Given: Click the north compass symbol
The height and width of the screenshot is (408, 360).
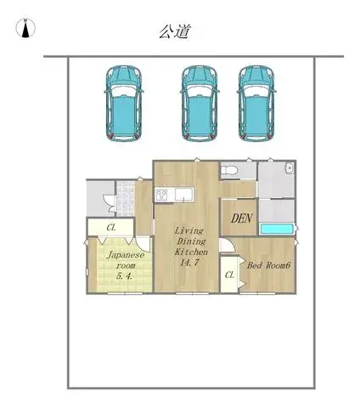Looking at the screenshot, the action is (25, 28).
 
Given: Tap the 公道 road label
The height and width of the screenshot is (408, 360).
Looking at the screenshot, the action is (174, 31).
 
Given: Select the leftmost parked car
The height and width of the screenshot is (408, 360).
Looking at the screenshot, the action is (124, 104).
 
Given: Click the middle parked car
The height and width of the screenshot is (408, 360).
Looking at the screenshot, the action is (200, 104).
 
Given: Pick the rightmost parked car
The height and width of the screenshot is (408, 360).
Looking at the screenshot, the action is (256, 104).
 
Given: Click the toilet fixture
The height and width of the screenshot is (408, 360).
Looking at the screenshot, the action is (229, 171).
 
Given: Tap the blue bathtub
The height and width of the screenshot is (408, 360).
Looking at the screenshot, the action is (277, 229).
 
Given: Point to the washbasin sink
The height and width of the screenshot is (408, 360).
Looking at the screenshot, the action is (290, 168).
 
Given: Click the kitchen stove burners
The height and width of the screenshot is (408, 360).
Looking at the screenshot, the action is (161, 195).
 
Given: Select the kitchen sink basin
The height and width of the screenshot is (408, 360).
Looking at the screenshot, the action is (184, 195).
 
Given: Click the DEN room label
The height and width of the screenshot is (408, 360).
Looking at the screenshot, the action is (242, 218).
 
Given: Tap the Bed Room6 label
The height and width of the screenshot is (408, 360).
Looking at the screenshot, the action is (269, 265).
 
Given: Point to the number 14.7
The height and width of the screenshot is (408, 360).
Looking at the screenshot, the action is (190, 263).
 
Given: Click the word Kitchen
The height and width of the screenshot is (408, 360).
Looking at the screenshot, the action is (191, 252).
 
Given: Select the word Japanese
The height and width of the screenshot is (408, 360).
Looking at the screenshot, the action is (126, 255).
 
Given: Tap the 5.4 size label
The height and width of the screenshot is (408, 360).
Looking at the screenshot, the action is (124, 276).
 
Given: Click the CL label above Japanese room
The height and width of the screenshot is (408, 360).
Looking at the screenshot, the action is (111, 228).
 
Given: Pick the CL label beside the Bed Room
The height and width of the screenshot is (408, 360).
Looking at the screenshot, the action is (229, 275).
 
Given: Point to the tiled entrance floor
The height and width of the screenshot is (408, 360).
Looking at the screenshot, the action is (125, 199).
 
